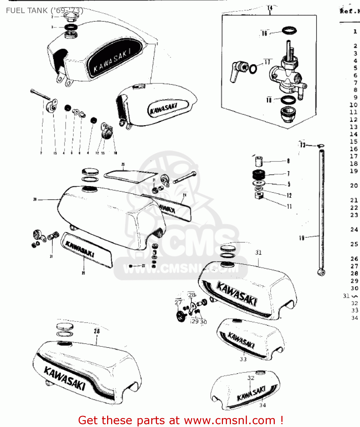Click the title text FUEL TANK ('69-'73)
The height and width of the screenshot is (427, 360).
pyautogui.click(x=44, y=11)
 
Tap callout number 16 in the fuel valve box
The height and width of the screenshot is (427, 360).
pyautogui.click(x=264, y=33)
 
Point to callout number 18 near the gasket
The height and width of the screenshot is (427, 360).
pyautogui.click(x=269, y=100)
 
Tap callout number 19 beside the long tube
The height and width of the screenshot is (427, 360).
pyautogui.click(x=302, y=238)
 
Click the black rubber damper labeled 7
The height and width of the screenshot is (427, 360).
pyautogui.click(x=259, y=174)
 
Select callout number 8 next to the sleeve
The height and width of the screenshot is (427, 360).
pyautogui.click(x=288, y=161)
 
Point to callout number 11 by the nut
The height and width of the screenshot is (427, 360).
pyautogui.click(x=289, y=206)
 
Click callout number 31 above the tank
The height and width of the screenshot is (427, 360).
pyautogui.click(x=258, y=252)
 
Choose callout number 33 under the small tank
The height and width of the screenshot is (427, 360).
pyautogui.click(x=243, y=359)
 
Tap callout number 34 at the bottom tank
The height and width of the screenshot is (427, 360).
pyautogui.click(x=263, y=405)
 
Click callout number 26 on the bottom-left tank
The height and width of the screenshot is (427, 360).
pyautogui.click(x=97, y=331)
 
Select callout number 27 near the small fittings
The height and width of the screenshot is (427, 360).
pyautogui.click(x=178, y=302)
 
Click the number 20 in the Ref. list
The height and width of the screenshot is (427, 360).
pyautogui.click(x=354, y=186)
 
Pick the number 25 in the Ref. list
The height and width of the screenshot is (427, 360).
pyautogui.click(x=354, y=244)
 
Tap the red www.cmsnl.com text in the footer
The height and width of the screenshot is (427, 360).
pyautogui.click(x=230, y=420)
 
